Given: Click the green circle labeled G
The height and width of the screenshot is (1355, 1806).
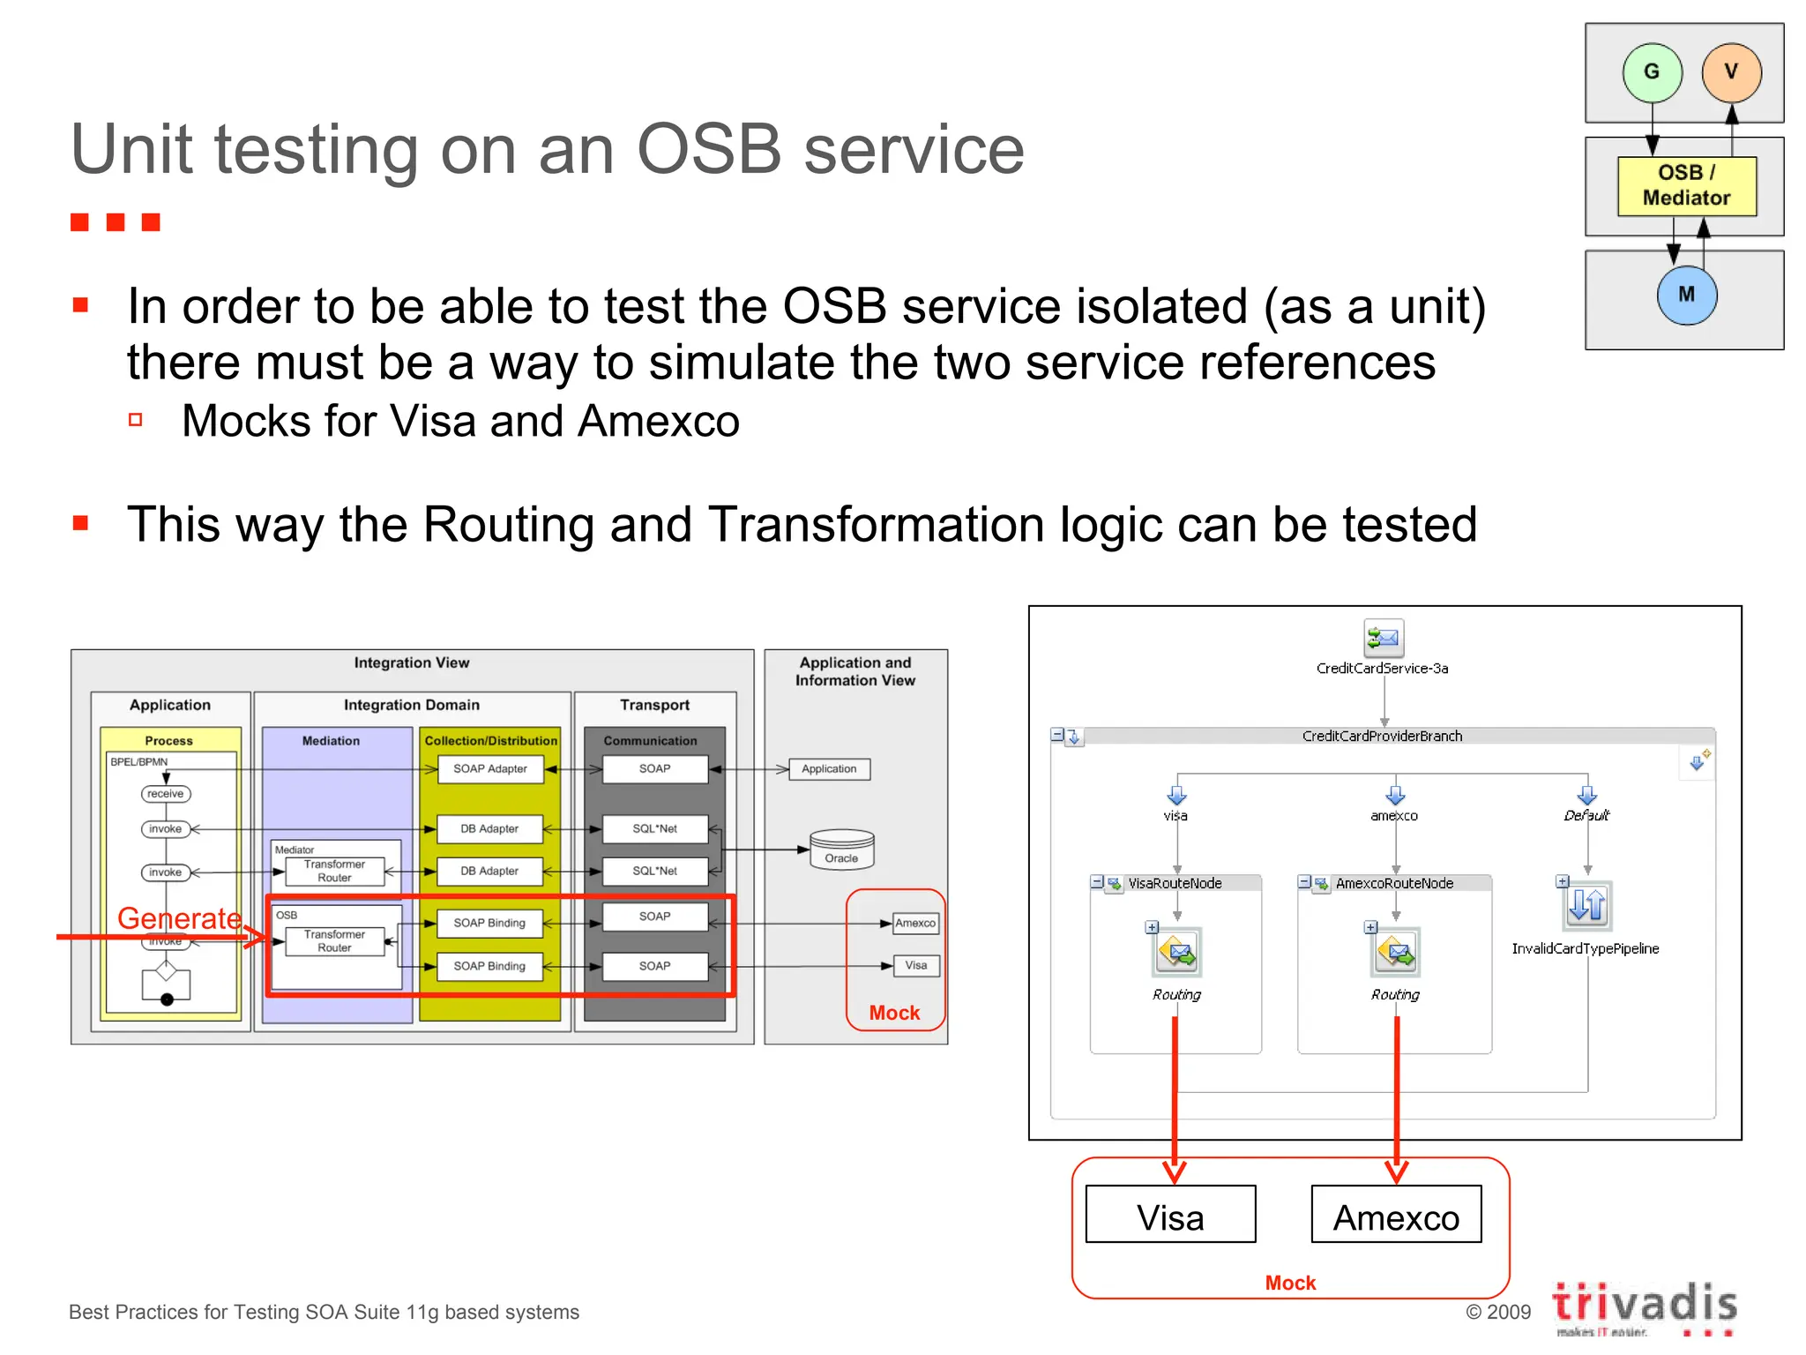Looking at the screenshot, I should tap(1652, 72).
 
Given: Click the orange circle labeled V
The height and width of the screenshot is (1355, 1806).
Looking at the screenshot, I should tap(1731, 72).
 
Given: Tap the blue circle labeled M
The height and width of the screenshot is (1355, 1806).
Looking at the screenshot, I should tap(1686, 295).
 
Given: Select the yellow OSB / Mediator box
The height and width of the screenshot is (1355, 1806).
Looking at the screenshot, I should tap(1686, 185).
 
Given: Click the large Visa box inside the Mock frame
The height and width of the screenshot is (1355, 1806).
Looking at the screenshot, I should tap(1170, 1216).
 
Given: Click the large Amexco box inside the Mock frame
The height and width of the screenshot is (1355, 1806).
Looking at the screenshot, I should tap(1396, 1216).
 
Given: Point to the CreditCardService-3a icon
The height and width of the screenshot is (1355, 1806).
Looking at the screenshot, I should tap(1383, 638).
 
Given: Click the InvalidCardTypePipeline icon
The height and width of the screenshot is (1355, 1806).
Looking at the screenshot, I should tap(1587, 905).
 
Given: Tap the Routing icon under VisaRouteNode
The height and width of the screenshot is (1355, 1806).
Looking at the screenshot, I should tap(1176, 953).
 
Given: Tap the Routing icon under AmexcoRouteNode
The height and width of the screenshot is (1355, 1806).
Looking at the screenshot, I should tap(1395, 953).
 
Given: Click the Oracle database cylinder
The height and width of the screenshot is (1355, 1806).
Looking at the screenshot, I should tap(841, 849).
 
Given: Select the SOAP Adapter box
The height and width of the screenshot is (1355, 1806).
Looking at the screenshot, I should tap(489, 769).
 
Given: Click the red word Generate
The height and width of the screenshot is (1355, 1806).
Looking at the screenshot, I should tap(179, 918).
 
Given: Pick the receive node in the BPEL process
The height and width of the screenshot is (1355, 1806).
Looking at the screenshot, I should tap(165, 794).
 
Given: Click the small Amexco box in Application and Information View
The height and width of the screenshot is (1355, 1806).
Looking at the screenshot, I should tap(915, 923).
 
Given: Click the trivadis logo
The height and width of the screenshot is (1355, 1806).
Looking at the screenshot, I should tap(1644, 1305).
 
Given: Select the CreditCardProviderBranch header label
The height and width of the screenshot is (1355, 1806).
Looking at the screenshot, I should tap(1382, 736).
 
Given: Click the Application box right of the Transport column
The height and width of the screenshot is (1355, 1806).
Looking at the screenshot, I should tap(829, 769).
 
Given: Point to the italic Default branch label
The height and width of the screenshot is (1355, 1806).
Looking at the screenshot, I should tap(1586, 815).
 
